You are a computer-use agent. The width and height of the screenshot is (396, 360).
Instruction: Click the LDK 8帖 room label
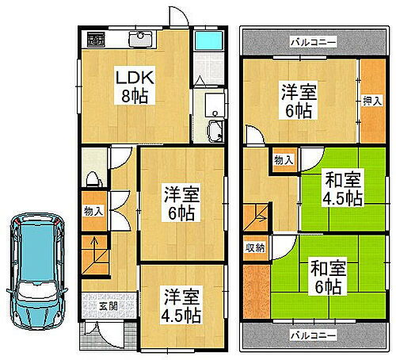pyautogui.click(x=133, y=85)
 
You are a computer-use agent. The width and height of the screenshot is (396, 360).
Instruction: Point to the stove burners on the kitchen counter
pyautogui.click(x=96, y=37)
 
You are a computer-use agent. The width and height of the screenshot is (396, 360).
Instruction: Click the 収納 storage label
pyautogui.click(x=254, y=248)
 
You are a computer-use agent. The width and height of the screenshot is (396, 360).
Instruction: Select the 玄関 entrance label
pyautogui.click(x=109, y=305)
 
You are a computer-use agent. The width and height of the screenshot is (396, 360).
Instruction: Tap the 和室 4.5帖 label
pyautogui.click(x=341, y=190)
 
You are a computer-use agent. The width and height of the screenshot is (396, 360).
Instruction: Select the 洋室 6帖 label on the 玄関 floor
pyautogui.click(x=180, y=203)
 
